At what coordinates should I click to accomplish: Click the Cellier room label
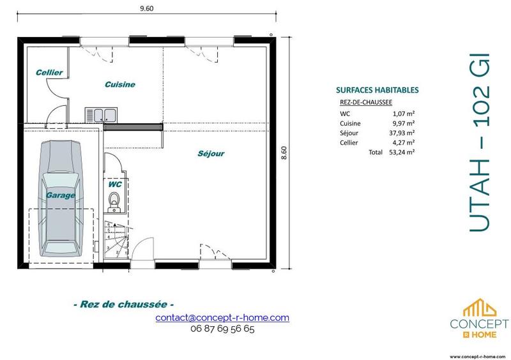tap(49, 73)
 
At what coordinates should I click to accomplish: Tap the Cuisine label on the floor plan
tap(120, 84)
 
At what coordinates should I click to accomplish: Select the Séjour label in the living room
tap(210, 153)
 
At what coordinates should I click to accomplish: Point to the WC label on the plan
tap(116, 184)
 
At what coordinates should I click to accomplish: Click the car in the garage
tap(60, 197)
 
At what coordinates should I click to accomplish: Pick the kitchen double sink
tap(101, 114)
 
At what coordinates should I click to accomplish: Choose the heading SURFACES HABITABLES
tap(377, 91)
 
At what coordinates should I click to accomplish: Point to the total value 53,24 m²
tap(401, 153)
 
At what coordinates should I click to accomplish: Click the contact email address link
tap(222, 317)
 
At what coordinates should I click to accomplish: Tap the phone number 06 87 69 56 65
tap(222, 329)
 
